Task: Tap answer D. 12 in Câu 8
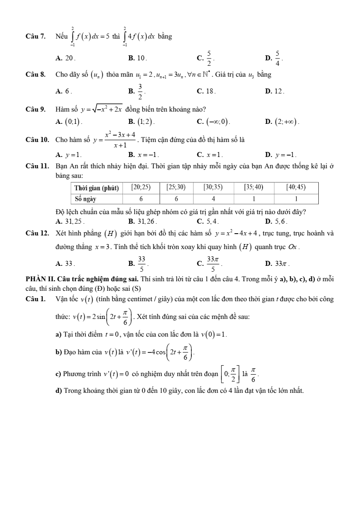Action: coord(275,91)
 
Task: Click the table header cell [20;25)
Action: coord(141,187)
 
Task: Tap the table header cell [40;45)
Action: coord(296,187)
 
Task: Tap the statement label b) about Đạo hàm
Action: coord(58,352)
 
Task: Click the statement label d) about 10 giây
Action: coord(58,390)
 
